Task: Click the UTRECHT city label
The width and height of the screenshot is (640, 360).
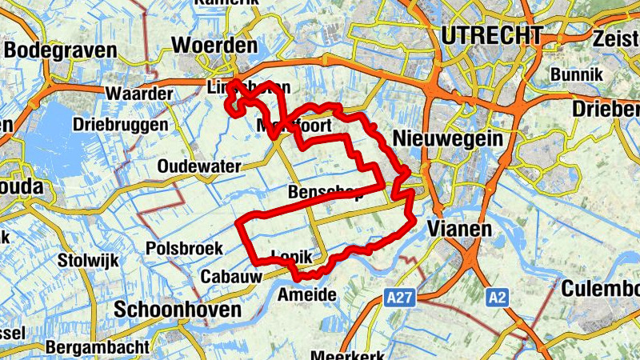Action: point(491,35)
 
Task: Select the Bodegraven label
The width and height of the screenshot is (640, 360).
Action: point(60,50)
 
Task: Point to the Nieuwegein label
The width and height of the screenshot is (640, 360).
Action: point(449,138)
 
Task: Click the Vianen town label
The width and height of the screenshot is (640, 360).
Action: point(459,229)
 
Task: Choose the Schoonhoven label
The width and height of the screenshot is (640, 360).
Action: point(178,310)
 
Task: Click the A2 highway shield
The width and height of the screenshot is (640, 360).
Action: point(497,298)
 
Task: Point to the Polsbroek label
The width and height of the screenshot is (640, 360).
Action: point(184,249)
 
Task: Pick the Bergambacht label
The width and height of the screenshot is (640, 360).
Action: point(97,347)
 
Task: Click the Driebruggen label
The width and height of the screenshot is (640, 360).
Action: point(120,125)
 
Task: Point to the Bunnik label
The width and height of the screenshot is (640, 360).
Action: point(574,75)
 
